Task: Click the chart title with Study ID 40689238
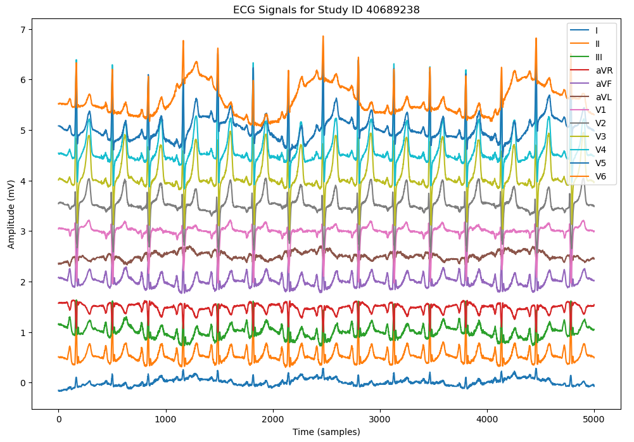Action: pyautogui.click(x=326, y=10)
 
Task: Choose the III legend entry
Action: pyautogui.click(x=599, y=57)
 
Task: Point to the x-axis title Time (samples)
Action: pyautogui.click(x=326, y=432)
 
